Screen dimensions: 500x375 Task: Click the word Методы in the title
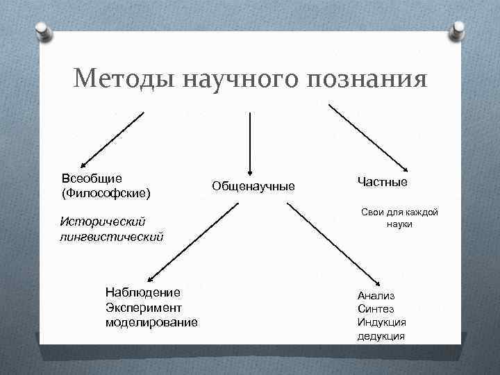124,78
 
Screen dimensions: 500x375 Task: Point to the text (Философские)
106,191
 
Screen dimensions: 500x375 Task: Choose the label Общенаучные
253,186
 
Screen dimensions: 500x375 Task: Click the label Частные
382,181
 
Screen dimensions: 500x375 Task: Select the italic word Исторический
102,222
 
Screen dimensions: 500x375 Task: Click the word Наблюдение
142,292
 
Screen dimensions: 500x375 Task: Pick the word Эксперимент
144,307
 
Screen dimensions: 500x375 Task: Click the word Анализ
376,295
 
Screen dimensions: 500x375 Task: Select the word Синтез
376,308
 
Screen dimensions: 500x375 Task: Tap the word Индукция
382,322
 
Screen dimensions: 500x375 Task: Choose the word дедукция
381,336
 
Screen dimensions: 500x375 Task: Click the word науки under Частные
399,225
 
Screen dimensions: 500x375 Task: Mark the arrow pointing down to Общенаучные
250,142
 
